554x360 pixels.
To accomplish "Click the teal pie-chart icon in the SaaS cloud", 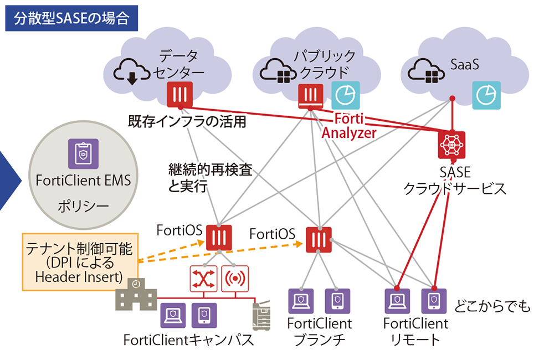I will (486, 95).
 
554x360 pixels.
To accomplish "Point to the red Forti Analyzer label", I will (348, 126).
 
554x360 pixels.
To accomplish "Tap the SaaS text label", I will (461, 65).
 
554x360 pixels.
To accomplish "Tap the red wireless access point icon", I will (235, 278).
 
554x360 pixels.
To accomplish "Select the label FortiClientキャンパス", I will (188, 339).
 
